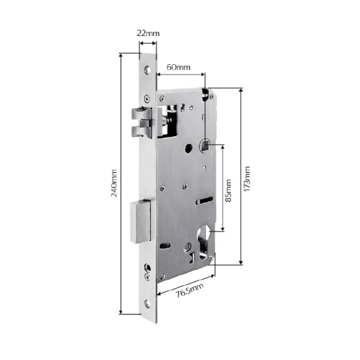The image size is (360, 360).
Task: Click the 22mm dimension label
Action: click(148, 33)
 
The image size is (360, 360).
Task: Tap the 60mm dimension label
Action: click(178, 67)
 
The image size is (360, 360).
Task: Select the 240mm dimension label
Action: click(114, 183)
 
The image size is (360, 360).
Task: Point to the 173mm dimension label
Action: click(247, 179)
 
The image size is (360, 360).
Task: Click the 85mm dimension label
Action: click(228, 191)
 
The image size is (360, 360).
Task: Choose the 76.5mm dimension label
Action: click(190, 290)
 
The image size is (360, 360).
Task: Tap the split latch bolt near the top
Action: click(142, 123)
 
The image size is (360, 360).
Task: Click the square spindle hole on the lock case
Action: click(205, 145)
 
